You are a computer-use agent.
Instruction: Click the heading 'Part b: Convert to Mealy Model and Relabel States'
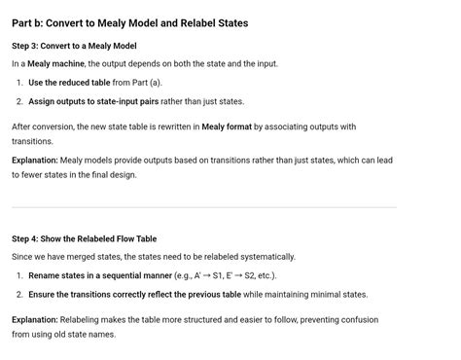129,22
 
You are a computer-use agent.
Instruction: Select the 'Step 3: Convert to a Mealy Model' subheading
74,46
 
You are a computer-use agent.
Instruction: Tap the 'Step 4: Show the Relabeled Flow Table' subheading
84,238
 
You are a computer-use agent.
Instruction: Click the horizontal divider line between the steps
204,207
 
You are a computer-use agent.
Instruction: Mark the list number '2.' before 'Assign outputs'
20,101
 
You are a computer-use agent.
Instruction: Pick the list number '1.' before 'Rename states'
20,275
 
